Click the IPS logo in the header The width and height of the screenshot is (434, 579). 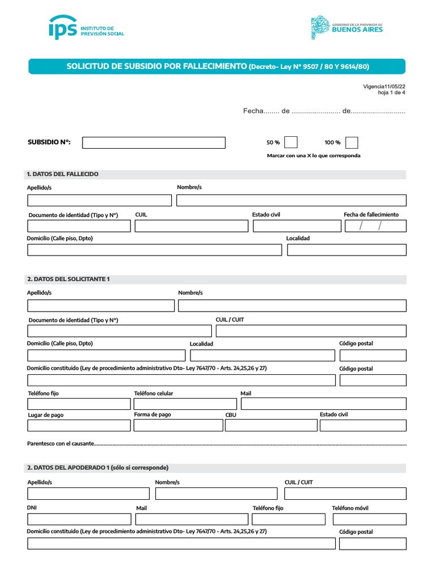pyautogui.click(x=86, y=28)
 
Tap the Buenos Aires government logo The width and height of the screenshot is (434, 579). pyautogui.click(x=347, y=28)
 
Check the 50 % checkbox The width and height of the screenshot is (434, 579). pyautogui.click(x=291, y=142)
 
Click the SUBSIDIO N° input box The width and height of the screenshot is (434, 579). pyautogui.click(x=154, y=142)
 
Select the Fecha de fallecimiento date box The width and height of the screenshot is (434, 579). pyautogui.click(x=375, y=226)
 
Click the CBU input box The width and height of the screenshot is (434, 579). pyautogui.click(x=271, y=425)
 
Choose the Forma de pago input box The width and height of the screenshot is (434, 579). pyautogui.click(x=178, y=425)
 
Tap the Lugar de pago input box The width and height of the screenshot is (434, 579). pyautogui.click(x=79, y=425)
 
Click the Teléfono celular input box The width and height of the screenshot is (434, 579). pyautogui.click(x=185, y=404)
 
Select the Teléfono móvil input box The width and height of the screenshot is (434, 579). pyautogui.click(x=369, y=519)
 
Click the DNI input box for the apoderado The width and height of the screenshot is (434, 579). pyautogui.click(x=79, y=519)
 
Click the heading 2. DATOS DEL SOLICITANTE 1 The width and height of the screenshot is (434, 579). pyautogui.click(x=68, y=279)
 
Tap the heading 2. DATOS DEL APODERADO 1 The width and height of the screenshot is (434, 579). pyautogui.click(x=98, y=468)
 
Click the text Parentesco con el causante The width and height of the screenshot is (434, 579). pyautogui.click(x=61, y=444)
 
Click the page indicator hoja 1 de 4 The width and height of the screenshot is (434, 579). pyautogui.click(x=391, y=93)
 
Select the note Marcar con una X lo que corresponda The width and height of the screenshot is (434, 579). pyautogui.click(x=313, y=155)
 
